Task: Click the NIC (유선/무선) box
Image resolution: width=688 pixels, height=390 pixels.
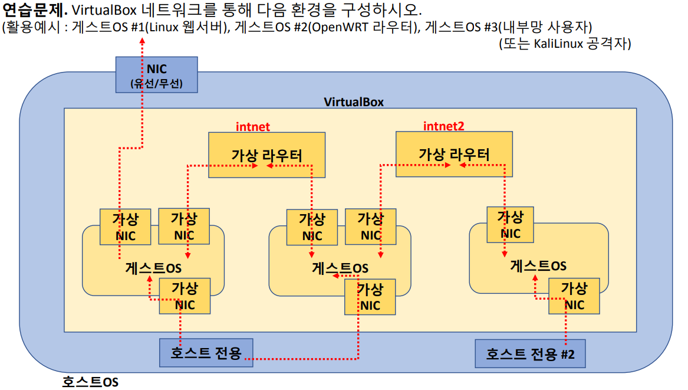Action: coord(156,75)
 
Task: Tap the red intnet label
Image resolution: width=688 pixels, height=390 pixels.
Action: coord(253,126)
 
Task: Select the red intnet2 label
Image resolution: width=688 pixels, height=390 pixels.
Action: coord(443,126)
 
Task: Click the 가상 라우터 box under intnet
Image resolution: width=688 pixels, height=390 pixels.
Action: coord(266,155)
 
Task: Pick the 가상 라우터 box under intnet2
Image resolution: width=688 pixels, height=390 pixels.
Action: coord(453,154)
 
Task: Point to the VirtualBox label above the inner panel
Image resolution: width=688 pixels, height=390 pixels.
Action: coord(354,101)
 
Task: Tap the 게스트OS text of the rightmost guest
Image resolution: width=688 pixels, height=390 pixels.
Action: coord(538,266)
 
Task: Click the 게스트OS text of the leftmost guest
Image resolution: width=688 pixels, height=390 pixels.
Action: coord(153,267)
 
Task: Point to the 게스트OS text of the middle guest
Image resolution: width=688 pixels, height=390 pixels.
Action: coord(340,268)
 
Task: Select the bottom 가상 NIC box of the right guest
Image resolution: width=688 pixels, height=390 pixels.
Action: coord(574,296)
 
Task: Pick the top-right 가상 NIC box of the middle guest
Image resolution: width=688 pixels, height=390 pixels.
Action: coord(370,227)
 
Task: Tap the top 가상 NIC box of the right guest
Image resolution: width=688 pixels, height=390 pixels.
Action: coord(510,224)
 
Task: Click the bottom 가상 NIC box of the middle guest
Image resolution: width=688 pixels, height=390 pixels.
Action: coord(370,297)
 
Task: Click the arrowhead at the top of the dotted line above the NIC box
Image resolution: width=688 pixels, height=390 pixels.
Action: coord(141,41)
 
